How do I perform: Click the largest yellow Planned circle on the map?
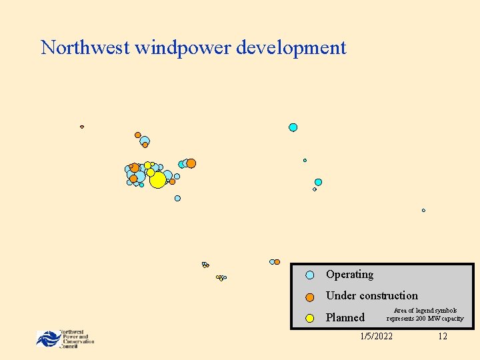(x=157, y=180)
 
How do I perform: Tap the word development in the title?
(x=291, y=48)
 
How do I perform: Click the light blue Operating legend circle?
(x=310, y=275)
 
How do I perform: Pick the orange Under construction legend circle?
(x=310, y=297)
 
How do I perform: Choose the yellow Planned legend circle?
(x=310, y=318)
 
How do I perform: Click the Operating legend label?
(x=349, y=275)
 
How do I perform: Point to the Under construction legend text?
(x=371, y=296)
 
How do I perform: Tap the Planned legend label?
(x=345, y=318)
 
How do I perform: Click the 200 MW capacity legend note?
(x=425, y=315)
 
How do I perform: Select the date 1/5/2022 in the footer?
(x=376, y=336)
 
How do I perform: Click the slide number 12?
(x=443, y=336)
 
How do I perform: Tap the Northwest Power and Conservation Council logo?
(x=65, y=339)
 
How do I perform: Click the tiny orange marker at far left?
(x=82, y=127)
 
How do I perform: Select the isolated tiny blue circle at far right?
(x=423, y=211)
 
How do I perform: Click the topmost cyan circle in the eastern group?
(x=293, y=127)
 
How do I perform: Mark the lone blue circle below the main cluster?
(x=177, y=198)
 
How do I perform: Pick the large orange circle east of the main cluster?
(x=191, y=163)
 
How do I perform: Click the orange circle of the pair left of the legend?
(x=277, y=262)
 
